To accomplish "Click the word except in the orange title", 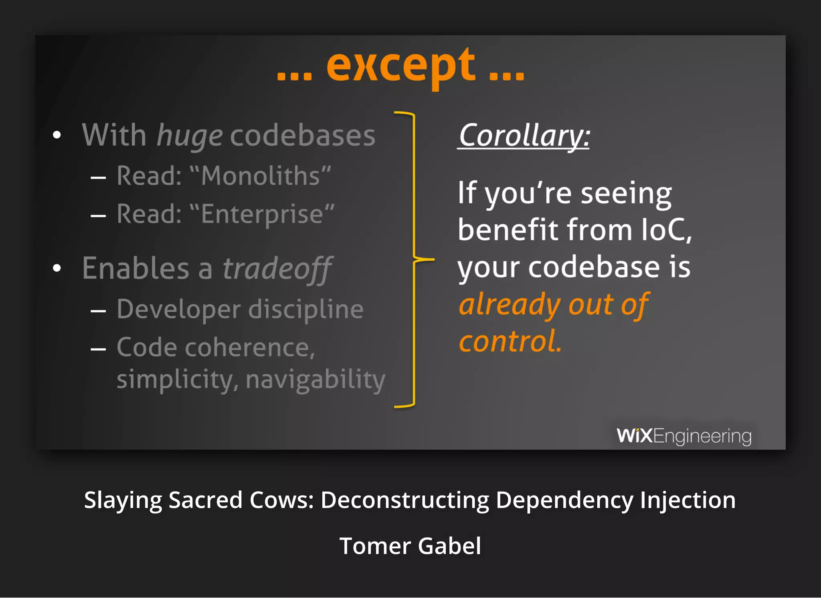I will pyautogui.click(x=401, y=66).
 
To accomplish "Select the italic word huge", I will pyautogui.click(x=189, y=136).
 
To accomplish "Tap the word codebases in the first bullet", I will pyautogui.click(x=303, y=136).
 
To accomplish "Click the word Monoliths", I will pyautogui.click(x=261, y=176).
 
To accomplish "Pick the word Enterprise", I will pyautogui.click(x=262, y=214).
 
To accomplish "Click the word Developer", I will pyautogui.click(x=179, y=310).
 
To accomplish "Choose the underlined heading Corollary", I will pyautogui.click(x=524, y=136).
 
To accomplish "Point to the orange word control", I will pyautogui.click(x=510, y=342).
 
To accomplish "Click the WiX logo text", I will pyautogui.click(x=635, y=436).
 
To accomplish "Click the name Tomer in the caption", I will pyautogui.click(x=375, y=546).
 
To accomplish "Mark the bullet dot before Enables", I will pyautogui.click(x=57, y=268).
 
